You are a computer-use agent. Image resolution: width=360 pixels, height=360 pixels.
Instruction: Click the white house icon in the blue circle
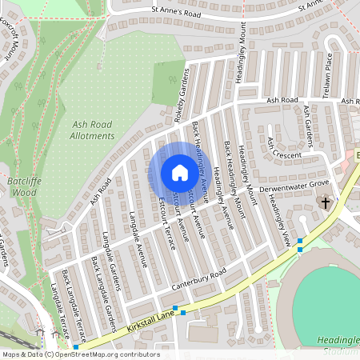pyautogui.click(x=179, y=172)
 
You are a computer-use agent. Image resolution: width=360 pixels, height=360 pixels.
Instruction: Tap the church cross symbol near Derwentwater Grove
pyautogui.click(x=326, y=203)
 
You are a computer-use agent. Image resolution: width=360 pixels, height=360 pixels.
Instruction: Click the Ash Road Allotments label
pyautogui.click(x=94, y=130)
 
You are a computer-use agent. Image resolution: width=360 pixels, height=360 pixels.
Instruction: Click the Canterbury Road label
pyautogui.click(x=198, y=278)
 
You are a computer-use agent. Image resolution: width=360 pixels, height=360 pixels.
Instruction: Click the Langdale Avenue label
pyautogui.click(x=138, y=238)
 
